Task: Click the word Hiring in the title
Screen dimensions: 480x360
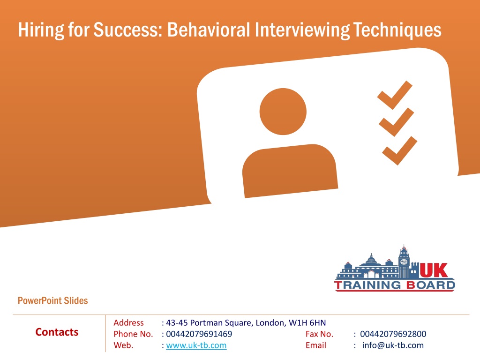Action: (x=41, y=30)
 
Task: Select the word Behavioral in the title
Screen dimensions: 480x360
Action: (x=209, y=30)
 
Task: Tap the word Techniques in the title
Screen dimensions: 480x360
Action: (x=397, y=30)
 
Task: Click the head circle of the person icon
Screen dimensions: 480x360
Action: (x=283, y=112)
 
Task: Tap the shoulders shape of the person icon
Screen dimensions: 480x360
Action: (x=290, y=171)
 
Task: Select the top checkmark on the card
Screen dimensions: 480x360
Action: (x=395, y=95)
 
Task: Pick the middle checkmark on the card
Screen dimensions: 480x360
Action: (x=397, y=122)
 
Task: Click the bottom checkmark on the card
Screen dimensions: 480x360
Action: (x=399, y=150)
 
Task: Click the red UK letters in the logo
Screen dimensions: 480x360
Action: (x=434, y=270)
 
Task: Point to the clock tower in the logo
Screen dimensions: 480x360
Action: (x=404, y=262)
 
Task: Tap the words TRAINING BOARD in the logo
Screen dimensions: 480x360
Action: (x=395, y=285)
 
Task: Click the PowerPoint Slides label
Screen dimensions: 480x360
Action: (x=52, y=300)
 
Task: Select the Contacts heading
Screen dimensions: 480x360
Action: (x=57, y=332)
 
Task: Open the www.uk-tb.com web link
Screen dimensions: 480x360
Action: (x=196, y=345)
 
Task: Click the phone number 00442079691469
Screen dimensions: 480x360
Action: (x=199, y=334)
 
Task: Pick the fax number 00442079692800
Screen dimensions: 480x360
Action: (x=393, y=334)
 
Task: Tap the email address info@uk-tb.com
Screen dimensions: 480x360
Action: (x=393, y=345)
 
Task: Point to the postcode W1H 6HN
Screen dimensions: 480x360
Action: (x=307, y=322)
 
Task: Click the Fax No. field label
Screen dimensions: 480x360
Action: (x=319, y=334)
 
